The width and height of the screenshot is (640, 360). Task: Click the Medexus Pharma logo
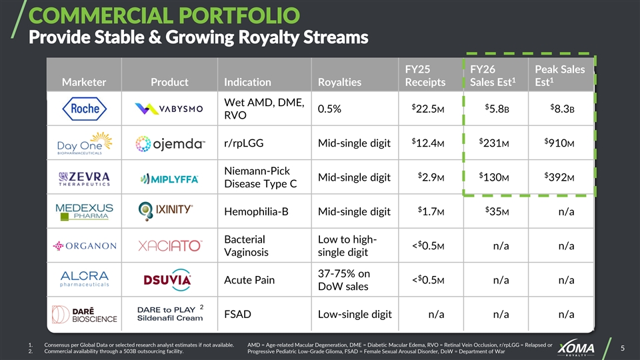(84, 211)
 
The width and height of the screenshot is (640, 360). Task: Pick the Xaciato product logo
(169, 246)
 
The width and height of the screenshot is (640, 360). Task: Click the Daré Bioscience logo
(75, 314)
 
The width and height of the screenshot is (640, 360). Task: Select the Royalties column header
(339, 82)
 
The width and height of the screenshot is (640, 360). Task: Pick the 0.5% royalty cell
(330, 109)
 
